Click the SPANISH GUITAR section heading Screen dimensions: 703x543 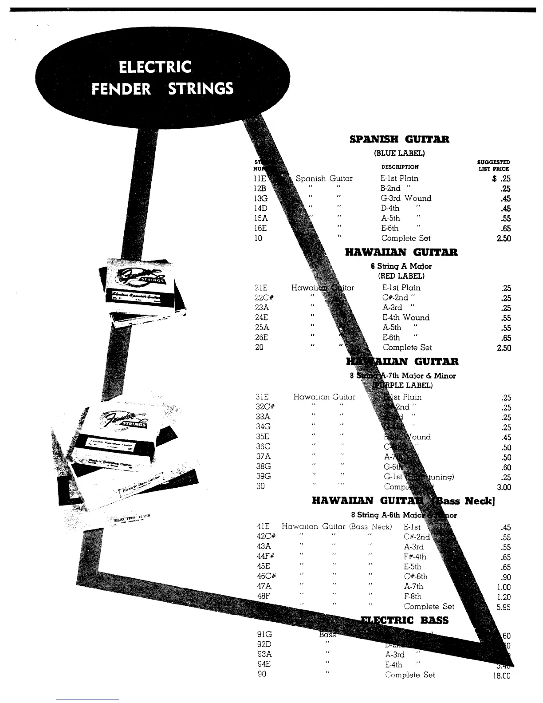point(399,139)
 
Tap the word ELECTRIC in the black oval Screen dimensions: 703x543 point(155,67)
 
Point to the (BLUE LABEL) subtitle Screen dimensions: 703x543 point(399,154)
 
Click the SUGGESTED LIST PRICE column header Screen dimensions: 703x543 point(493,166)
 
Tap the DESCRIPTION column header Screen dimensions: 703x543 point(400,167)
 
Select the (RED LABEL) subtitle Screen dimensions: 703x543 point(401,276)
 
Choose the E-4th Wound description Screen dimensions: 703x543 point(406,318)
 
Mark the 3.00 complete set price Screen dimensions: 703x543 point(504,487)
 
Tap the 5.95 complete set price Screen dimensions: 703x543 point(504,607)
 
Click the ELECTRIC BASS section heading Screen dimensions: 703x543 point(404,620)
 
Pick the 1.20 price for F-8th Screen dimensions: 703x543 point(504,597)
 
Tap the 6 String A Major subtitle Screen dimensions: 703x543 point(401,266)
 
